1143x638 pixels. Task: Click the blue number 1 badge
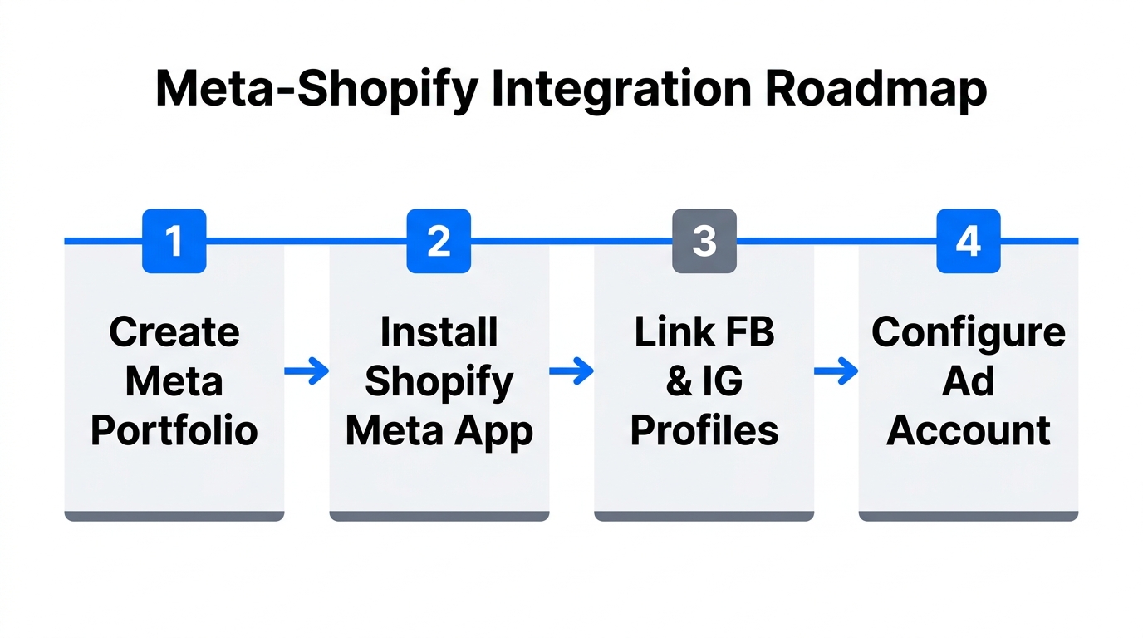pos(174,241)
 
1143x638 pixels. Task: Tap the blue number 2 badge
pos(439,241)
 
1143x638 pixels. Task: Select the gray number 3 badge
pos(704,241)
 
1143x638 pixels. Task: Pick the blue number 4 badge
pos(968,241)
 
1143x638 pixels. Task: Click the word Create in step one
pos(174,332)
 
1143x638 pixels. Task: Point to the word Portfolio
pos(174,431)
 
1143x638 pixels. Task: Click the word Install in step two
pos(439,332)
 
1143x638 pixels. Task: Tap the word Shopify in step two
pos(439,382)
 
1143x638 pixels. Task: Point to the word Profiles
pos(704,431)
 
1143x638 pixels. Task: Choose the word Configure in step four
pos(968,332)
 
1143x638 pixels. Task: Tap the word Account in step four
pos(968,431)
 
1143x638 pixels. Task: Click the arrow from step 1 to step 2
pos(307,372)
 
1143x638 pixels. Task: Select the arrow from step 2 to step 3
pos(571,372)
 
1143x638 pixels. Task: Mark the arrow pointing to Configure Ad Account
pos(836,372)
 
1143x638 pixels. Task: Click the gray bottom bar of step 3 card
pos(704,516)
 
